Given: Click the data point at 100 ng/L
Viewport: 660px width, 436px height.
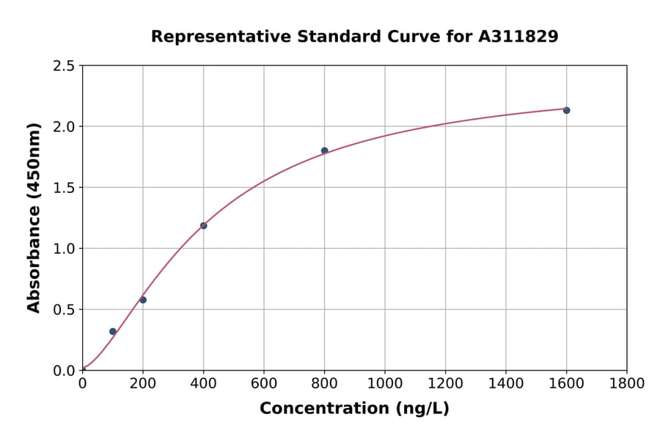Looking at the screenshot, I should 113,332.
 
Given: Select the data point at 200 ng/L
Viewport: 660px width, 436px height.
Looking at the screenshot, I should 143,299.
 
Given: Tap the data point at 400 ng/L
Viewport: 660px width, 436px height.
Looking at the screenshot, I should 203,225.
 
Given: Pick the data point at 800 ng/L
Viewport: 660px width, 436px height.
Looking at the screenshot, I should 324,150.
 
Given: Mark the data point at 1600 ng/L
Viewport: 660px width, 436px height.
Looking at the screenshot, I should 566,110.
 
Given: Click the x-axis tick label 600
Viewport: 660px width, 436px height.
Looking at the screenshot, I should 264,383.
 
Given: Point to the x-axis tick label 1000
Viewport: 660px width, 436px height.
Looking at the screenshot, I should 385,383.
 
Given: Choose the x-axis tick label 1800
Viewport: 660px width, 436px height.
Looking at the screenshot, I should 627,383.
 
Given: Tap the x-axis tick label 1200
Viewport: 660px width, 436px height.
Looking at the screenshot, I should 445,383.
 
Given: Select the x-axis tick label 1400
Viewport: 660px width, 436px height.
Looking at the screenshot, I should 506,383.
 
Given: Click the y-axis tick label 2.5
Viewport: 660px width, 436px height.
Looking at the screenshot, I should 64,66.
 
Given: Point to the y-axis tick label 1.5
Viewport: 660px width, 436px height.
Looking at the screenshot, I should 64,188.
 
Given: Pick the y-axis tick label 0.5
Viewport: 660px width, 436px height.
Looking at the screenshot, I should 64,310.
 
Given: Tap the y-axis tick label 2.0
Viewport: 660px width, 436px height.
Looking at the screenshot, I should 64,127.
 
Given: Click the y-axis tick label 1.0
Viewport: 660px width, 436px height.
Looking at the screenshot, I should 64,249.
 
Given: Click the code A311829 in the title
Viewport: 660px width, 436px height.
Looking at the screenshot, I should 518,37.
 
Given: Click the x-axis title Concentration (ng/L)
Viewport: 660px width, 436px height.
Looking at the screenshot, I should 354,409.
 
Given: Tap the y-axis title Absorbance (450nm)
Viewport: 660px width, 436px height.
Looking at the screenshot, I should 34,218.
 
